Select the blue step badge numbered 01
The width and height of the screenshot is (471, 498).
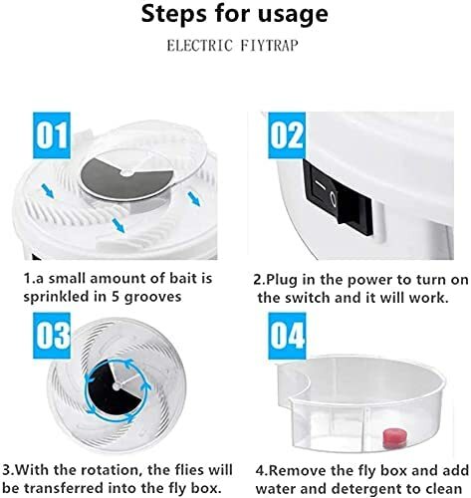pyautogui.click(x=52, y=135)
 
